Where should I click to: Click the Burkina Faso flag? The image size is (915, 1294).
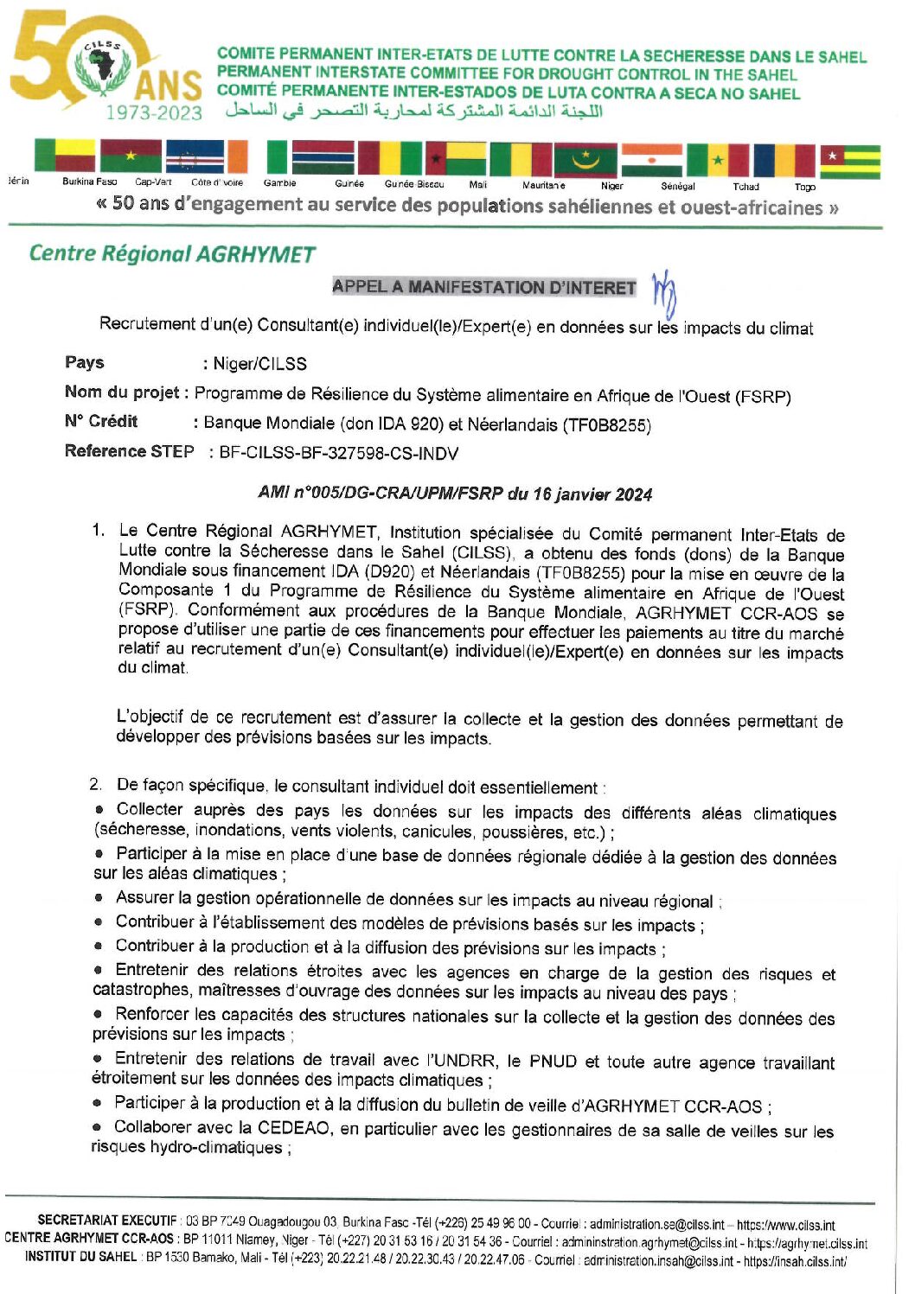(131, 156)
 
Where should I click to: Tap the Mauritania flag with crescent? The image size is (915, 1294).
(585, 160)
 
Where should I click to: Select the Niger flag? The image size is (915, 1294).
(651, 160)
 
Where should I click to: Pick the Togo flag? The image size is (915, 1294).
(850, 162)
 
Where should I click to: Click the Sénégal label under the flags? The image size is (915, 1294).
(677, 186)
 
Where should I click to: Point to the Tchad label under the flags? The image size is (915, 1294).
(745, 186)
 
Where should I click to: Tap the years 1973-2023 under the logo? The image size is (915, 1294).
(154, 113)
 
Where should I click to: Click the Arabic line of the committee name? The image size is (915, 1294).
(413, 111)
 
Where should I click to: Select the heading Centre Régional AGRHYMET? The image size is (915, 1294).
(172, 253)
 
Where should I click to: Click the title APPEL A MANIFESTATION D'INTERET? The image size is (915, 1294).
(483, 287)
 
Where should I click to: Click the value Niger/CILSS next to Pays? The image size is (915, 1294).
(259, 364)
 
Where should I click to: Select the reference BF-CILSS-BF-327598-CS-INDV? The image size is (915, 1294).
(338, 453)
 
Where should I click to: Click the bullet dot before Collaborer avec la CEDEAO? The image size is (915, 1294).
(98, 1126)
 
